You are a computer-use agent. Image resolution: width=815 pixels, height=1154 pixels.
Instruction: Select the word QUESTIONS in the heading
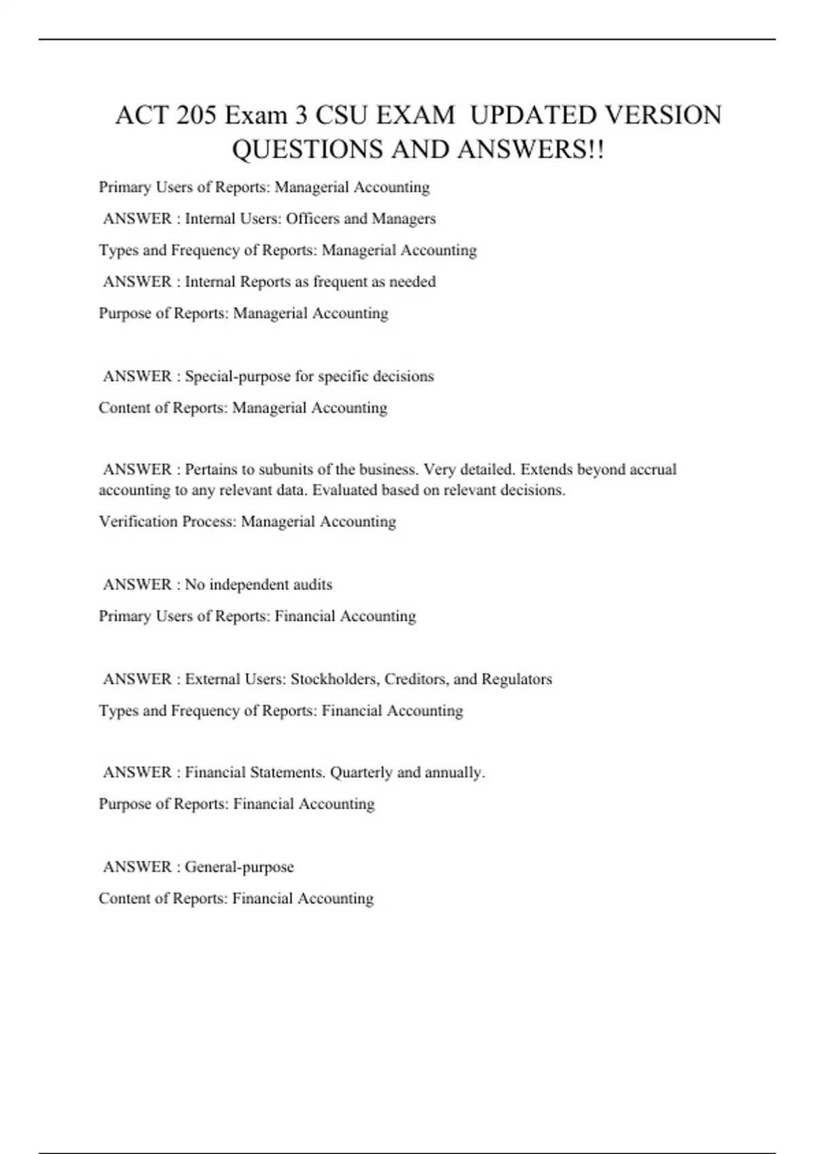click(309, 149)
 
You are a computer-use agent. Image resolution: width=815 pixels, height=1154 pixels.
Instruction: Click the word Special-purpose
click(238, 376)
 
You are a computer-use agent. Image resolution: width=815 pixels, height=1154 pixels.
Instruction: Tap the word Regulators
click(516, 679)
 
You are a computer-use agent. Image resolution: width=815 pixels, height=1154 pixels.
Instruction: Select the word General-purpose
click(239, 867)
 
